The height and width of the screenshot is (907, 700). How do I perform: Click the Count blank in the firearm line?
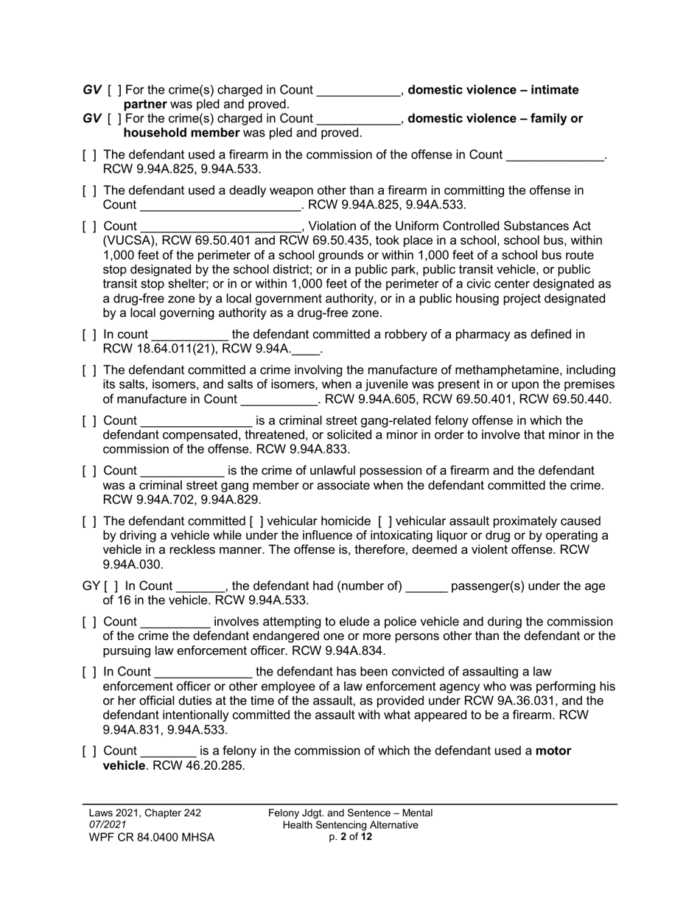pos(555,156)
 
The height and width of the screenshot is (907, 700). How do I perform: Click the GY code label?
pos(91,586)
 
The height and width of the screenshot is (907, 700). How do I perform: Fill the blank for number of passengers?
pos(426,587)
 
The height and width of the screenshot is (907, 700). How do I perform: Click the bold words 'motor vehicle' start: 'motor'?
pos(553,751)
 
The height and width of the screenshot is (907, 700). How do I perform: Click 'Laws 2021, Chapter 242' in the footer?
pos(144,813)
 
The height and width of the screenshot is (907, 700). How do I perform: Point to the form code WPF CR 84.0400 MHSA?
pos(151,838)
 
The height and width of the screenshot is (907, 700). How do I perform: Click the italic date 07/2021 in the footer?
pos(108,825)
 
